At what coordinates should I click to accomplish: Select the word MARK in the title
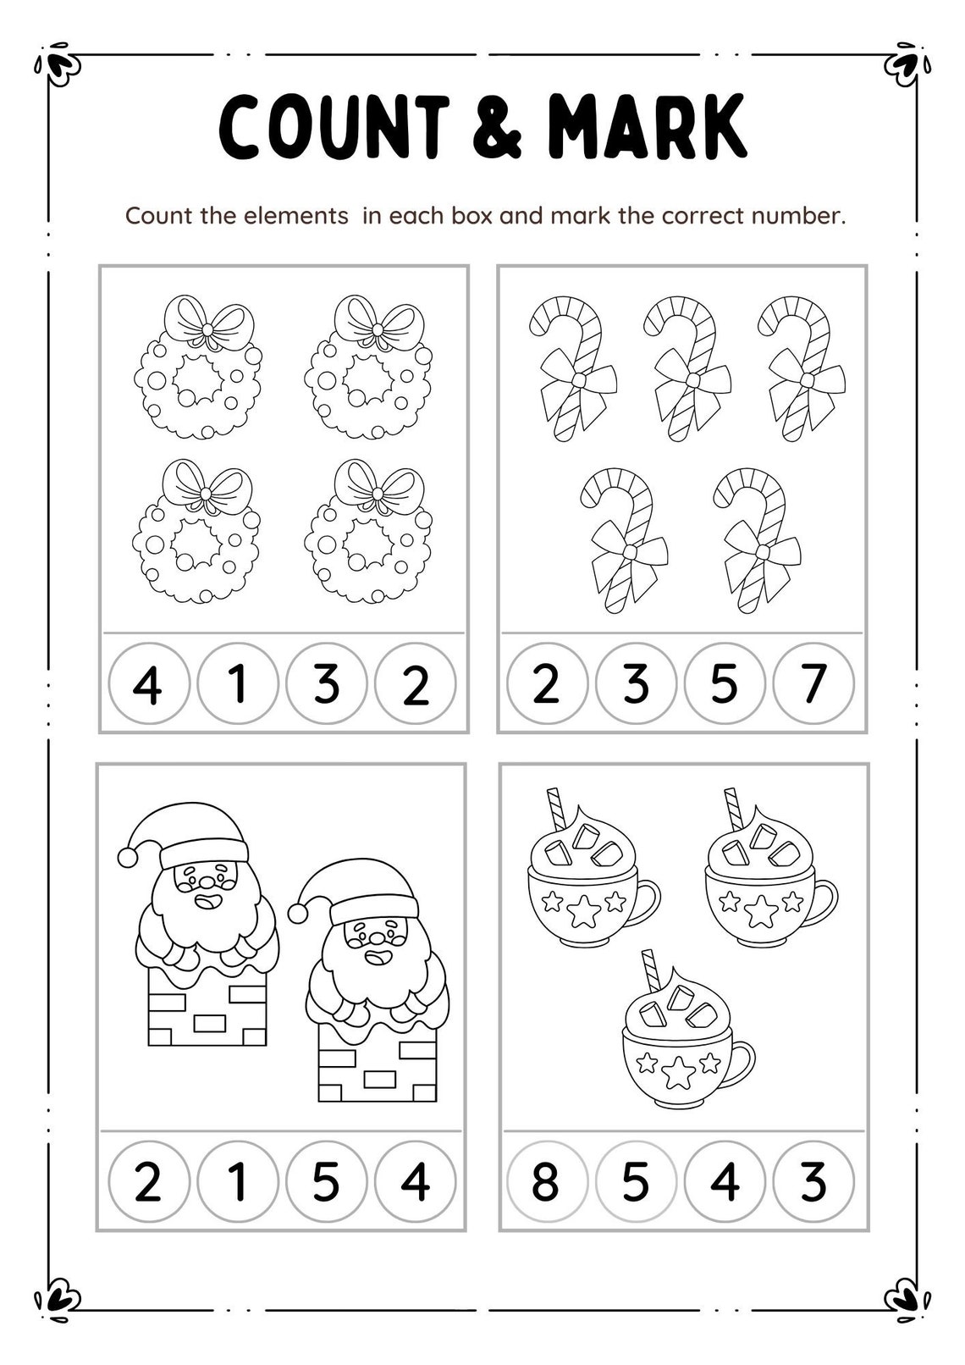(x=648, y=126)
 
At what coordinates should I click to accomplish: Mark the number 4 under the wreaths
(x=149, y=684)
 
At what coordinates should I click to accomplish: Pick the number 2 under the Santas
(x=149, y=1182)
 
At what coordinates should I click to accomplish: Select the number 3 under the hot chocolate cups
(x=813, y=1182)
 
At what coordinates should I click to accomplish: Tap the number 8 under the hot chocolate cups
(x=546, y=1182)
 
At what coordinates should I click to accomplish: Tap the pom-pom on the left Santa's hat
(x=128, y=856)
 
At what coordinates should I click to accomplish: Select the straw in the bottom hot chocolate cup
(x=651, y=971)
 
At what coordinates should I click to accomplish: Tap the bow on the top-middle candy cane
(x=693, y=379)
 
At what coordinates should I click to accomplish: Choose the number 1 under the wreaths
(x=238, y=684)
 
